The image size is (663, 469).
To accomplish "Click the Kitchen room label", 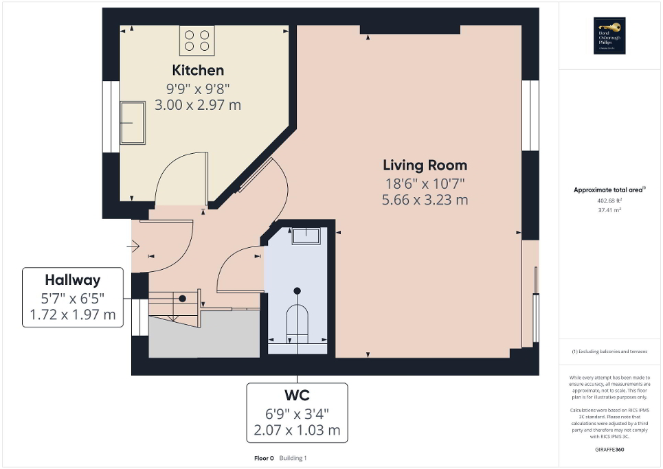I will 197,70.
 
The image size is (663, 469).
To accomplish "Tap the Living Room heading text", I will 425,165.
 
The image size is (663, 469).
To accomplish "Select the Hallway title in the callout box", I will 73,280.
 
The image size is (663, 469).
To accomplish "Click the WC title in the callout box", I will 297,396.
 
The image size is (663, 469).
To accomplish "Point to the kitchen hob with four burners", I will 197,40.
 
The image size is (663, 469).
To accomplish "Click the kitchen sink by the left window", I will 133,123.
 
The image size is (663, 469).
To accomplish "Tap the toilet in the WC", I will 297,320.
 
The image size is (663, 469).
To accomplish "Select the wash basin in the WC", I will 306,236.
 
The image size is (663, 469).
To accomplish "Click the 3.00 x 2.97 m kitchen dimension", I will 197,105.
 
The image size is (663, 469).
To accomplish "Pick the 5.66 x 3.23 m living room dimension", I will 425,200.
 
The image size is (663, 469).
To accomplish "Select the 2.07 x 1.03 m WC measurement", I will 297,431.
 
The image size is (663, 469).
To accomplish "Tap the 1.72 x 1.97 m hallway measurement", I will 73,315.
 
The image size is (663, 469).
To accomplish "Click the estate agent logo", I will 609,36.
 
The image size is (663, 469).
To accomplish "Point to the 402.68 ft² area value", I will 609,201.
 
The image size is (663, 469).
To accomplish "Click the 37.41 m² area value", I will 609,210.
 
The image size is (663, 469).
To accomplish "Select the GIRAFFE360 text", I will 609,449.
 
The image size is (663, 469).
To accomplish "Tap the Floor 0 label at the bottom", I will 262,458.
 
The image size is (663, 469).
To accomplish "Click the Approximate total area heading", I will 608,190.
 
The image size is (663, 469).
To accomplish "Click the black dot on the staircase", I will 183,299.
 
